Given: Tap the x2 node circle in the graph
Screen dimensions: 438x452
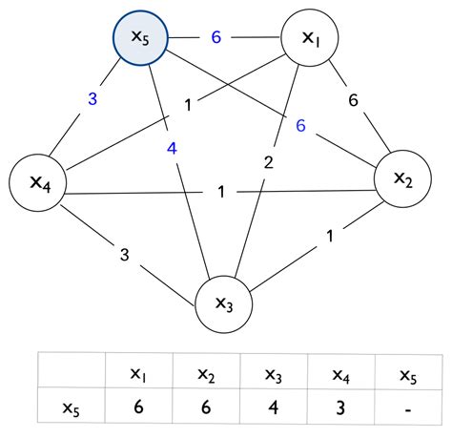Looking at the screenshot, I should click(403, 178).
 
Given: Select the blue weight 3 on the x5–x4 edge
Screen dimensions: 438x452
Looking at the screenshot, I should click(93, 96).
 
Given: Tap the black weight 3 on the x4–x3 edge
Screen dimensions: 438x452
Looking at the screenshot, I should click(124, 254).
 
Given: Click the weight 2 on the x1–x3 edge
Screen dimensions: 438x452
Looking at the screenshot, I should click(268, 162).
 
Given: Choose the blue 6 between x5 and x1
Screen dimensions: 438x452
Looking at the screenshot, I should click(216, 37).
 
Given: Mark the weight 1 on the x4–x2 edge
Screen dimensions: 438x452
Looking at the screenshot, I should click(221, 193).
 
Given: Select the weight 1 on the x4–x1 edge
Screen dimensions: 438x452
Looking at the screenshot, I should click(189, 104).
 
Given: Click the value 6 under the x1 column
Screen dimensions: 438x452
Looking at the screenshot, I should click(139, 407).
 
